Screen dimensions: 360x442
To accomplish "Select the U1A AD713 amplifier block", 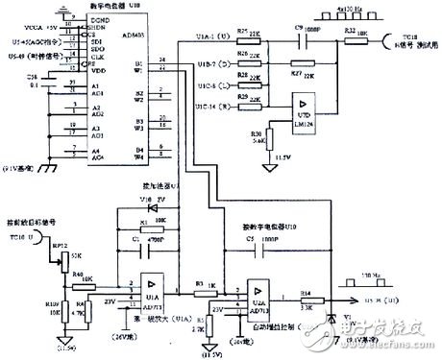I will [152, 286].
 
